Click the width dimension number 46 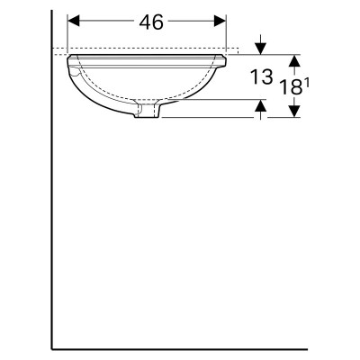click(x=151, y=22)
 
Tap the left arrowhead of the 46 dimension click(x=74, y=21)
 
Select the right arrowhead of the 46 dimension click(x=220, y=21)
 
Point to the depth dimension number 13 click(x=262, y=76)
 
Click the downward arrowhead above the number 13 click(x=260, y=49)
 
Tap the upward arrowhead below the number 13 click(x=261, y=105)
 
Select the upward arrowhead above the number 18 click(x=295, y=61)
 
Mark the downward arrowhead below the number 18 click(x=295, y=112)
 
